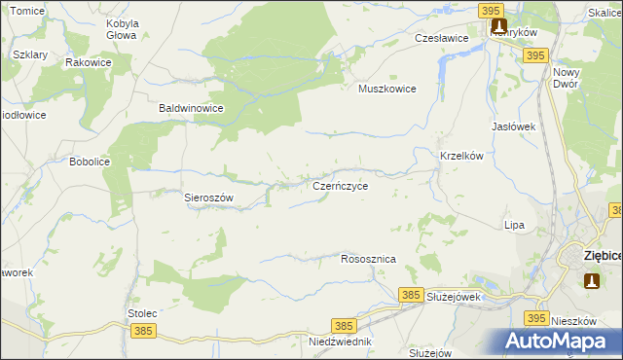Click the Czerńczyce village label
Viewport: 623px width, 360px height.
click(x=340, y=184)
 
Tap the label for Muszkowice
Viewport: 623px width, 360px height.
click(x=387, y=89)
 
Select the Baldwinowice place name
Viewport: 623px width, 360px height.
click(x=192, y=109)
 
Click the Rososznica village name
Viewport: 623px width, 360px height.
click(x=368, y=260)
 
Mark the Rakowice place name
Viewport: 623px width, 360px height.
click(x=88, y=62)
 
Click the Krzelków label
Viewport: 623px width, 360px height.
click(x=463, y=157)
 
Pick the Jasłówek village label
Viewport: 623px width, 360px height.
click(x=515, y=126)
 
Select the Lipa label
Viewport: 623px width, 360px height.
click(x=514, y=225)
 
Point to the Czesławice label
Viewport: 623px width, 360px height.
click(x=442, y=38)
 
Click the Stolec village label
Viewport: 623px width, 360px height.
click(x=143, y=313)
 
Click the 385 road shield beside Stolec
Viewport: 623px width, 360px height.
click(x=143, y=331)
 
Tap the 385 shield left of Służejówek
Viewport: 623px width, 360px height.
click(x=411, y=294)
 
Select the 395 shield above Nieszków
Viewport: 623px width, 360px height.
click(x=536, y=318)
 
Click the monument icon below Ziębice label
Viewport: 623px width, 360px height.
click(x=592, y=280)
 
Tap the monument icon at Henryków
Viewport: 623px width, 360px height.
click(x=498, y=26)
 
